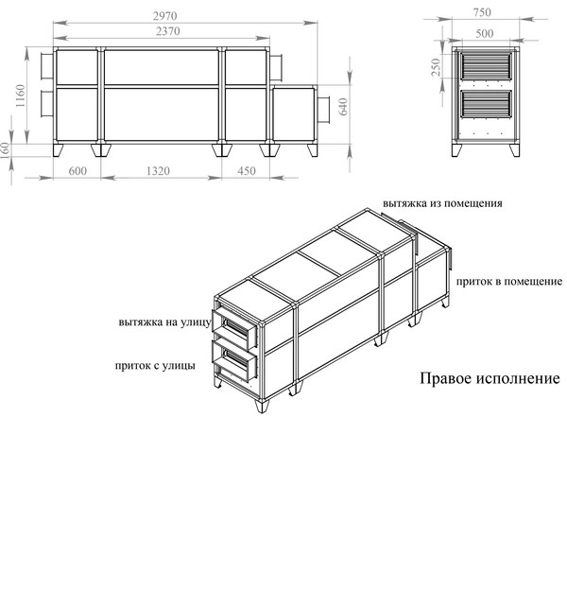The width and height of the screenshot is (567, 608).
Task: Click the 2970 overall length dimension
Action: click(164, 16)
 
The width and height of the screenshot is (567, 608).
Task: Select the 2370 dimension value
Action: click(168, 31)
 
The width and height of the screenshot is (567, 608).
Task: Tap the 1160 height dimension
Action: click(20, 96)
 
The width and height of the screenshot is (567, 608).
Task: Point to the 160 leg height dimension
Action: click(5, 150)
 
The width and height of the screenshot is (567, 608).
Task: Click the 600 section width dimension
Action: click(77, 171)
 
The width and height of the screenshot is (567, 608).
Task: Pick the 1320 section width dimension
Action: click(158, 171)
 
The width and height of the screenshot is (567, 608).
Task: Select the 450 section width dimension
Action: click(247, 171)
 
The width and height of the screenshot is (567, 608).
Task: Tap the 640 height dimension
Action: click(343, 107)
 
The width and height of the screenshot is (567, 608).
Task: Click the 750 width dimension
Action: click(482, 12)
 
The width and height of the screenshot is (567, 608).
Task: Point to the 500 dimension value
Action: click(485, 34)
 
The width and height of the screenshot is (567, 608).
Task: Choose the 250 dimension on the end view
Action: click(437, 67)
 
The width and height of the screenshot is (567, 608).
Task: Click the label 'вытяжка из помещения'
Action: click(442, 203)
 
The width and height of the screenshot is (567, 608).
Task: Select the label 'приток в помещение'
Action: click(508, 281)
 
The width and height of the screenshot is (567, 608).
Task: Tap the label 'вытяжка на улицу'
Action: click(165, 322)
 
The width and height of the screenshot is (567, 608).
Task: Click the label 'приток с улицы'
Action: click(155, 366)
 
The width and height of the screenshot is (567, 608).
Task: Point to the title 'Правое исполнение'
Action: click(490, 378)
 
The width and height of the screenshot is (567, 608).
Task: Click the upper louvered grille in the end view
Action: click(486, 67)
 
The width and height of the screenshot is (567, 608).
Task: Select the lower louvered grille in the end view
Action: click(486, 104)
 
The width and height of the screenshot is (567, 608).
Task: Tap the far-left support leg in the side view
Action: click(59, 150)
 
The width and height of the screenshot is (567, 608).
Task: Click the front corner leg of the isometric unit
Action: click(262, 406)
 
